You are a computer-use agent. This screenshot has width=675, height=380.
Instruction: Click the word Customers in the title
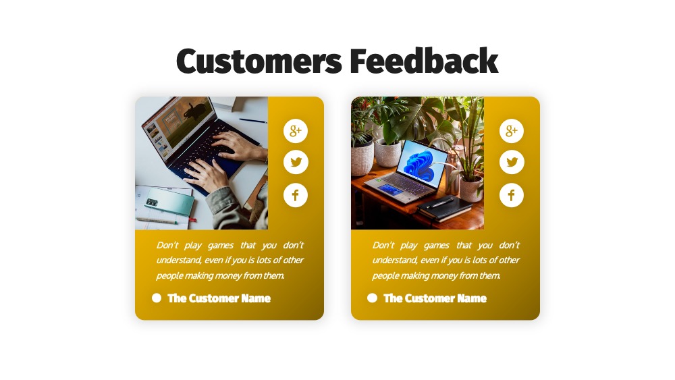[259, 61]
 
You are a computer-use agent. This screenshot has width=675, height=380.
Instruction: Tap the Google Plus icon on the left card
[296, 131]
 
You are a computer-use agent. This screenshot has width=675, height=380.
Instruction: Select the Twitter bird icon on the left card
[296, 162]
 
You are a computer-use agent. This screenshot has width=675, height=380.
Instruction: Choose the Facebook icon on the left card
[296, 195]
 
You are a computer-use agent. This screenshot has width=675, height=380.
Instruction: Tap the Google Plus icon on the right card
[512, 131]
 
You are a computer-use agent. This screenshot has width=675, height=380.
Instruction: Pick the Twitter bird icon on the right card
[512, 162]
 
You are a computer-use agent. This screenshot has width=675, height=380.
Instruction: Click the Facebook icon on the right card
[512, 195]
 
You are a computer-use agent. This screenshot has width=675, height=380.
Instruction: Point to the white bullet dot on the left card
[157, 298]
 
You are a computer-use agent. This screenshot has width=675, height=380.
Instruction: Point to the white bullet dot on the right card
[373, 298]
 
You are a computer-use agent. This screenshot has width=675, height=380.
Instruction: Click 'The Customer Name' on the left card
[219, 298]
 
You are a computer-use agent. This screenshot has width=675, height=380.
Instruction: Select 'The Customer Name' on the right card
[435, 298]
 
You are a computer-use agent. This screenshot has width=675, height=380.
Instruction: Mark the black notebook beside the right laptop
[444, 208]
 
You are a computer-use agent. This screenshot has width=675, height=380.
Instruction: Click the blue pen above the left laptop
[253, 121]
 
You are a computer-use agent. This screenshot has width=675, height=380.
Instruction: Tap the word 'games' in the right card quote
[437, 245]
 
